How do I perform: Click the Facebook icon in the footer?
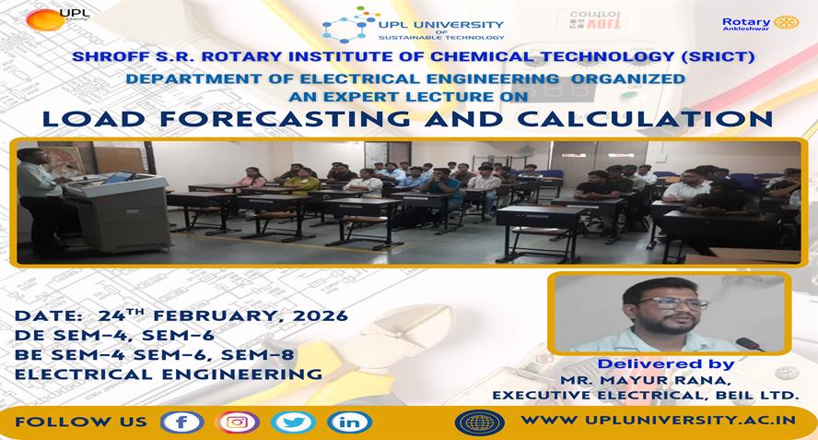(181, 422)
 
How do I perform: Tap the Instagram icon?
(238, 422)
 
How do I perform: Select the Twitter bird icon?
(293, 422)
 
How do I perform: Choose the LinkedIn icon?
(349, 422)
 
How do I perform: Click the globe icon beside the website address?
(479, 422)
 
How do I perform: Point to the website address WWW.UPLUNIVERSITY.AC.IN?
(659, 420)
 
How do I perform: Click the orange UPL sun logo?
(45, 20)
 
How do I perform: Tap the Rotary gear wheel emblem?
(786, 22)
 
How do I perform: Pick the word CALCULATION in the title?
(645, 119)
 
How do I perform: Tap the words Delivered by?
(666, 363)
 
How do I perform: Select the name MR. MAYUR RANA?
(644, 380)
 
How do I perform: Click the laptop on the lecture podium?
(119, 178)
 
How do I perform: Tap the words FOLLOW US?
(81, 422)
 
